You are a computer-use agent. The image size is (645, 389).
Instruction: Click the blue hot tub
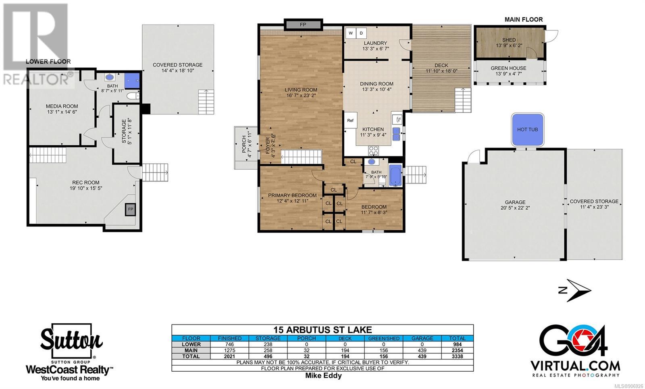coord(527,129)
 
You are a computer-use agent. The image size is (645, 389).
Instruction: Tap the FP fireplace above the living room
coord(303,25)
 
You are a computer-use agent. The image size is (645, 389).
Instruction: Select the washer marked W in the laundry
coord(351,33)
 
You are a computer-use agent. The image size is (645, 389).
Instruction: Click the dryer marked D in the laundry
coord(361,33)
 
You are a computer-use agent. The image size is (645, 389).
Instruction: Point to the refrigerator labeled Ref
coord(350,121)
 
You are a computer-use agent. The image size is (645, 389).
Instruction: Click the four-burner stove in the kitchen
coord(373,150)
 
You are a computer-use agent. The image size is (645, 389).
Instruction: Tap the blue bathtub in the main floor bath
coord(395,175)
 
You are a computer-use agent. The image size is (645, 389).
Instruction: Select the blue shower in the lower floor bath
coord(132,80)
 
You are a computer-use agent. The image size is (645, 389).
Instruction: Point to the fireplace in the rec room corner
coord(131,209)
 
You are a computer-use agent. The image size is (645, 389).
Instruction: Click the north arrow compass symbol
coord(575,290)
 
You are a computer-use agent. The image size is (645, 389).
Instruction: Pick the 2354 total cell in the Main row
coord(457,350)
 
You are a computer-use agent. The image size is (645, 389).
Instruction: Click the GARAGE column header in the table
coord(422,338)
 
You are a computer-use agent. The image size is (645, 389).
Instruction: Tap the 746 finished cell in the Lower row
coord(229,344)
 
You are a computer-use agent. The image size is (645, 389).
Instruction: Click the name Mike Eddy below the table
coord(323,375)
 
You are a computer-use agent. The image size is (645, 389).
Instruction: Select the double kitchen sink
coord(396,134)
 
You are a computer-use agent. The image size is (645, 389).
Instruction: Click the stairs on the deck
coord(463,100)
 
